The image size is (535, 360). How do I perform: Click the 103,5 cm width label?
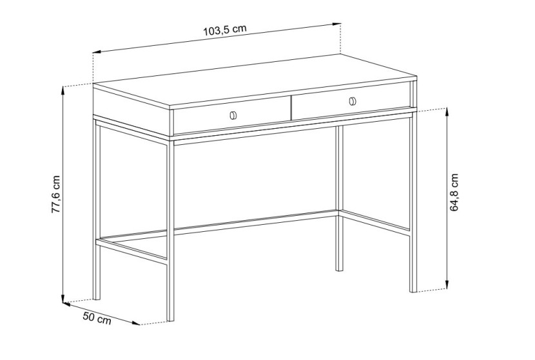(x=225, y=30)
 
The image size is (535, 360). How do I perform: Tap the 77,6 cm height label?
(x=55, y=194)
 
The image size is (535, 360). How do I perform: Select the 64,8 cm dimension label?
(x=454, y=193)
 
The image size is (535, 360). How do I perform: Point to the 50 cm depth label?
(x=97, y=318)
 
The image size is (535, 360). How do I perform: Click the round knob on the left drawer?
(x=233, y=115)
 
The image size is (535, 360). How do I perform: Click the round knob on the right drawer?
(x=353, y=101)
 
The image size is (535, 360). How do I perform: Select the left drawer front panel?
(x=232, y=117)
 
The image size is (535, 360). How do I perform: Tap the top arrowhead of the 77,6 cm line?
(x=63, y=91)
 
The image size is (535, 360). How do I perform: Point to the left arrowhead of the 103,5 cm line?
(x=97, y=52)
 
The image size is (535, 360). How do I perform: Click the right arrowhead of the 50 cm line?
(x=136, y=323)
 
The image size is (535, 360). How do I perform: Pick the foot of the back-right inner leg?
(x=339, y=269)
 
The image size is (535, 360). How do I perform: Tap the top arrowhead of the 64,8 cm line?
(x=447, y=113)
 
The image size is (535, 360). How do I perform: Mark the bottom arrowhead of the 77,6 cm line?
(x=63, y=298)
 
